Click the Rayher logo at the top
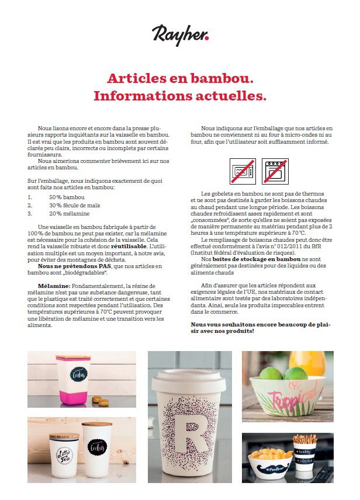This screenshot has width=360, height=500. click(180, 34)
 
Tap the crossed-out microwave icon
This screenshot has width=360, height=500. click(241, 170)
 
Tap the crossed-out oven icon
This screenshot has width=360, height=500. click(274, 170)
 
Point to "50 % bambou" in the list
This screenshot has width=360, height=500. click(67, 197)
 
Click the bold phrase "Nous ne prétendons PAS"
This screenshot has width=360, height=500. click(74, 266)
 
